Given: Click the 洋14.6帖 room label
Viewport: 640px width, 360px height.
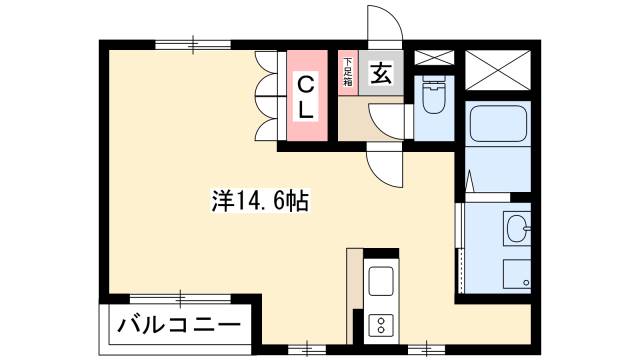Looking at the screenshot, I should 259,202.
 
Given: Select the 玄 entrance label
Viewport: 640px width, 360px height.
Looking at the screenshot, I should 382,73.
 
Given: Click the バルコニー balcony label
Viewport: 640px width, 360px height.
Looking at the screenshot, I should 180,325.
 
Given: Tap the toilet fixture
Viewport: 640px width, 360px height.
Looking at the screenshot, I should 435,100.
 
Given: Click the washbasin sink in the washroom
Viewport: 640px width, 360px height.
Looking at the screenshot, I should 518,230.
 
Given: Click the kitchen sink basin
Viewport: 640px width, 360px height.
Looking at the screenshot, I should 381,283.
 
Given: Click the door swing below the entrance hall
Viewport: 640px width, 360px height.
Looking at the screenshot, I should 383,163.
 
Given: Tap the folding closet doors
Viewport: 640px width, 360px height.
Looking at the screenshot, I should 267,95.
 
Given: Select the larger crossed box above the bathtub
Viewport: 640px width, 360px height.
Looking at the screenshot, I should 499,66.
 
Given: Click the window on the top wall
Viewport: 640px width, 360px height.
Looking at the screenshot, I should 192,42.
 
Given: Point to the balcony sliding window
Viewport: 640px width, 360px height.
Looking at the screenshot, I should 180,298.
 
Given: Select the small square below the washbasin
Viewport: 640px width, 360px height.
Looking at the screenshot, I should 516,273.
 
